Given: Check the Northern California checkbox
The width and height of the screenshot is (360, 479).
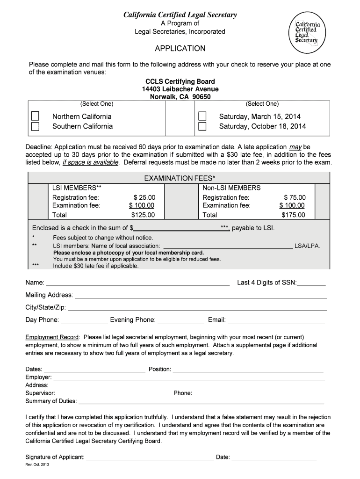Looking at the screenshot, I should pos(36,116).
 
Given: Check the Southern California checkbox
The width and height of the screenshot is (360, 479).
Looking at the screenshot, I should pos(36,126).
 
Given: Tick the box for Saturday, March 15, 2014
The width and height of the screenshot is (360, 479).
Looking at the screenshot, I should pos(202,116).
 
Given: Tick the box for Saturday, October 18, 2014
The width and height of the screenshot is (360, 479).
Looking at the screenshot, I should pos(202,126).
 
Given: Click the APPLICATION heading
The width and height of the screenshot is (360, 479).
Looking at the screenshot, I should pos(180,49).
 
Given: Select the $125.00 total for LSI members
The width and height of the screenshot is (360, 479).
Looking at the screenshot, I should pos(143,215).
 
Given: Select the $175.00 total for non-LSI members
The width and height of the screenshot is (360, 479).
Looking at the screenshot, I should pos(293,215).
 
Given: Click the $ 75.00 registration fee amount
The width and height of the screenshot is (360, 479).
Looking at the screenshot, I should pos(295,197).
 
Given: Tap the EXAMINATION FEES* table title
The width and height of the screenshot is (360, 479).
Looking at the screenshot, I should pos(180,178).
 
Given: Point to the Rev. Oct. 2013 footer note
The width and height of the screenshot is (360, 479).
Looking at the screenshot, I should pos(37,465).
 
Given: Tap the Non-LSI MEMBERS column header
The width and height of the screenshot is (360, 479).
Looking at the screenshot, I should pos(231,188).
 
